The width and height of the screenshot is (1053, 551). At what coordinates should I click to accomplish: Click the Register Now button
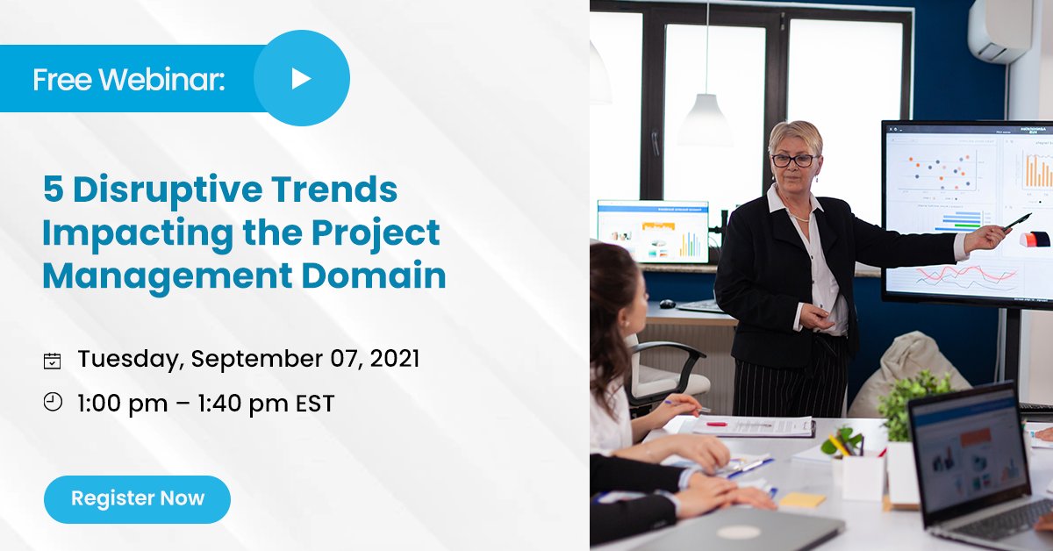tap(137, 499)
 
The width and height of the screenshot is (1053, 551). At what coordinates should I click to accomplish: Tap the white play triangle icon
tap(300, 78)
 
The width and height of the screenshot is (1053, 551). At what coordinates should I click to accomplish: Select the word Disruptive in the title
tap(168, 190)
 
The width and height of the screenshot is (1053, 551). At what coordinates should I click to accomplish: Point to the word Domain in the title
tap(374, 275)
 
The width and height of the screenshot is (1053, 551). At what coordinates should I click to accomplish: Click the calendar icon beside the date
tap(52, 361)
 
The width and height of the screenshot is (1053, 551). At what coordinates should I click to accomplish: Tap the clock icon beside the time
tap(53, 403)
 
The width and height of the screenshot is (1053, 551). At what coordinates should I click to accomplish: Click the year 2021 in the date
tap(394, 359)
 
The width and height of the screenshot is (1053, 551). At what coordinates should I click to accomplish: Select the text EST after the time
tap(315, 404)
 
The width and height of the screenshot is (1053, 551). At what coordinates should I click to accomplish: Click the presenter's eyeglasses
tap(794, 161)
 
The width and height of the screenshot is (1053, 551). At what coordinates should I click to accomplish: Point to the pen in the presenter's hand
tap(1017, 222)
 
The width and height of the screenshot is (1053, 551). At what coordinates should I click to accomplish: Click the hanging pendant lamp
tap(706, 118)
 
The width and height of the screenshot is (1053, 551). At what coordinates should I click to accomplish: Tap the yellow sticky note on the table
tap(802, 499)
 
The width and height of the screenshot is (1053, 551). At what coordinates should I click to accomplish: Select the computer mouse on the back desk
tap(668, 304)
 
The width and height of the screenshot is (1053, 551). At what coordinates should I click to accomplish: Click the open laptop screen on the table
tap(969, 455)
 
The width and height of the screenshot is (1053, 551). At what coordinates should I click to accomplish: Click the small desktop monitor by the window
tap(653, 232)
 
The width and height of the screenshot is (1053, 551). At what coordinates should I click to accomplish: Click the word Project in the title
tap(376, 233)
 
